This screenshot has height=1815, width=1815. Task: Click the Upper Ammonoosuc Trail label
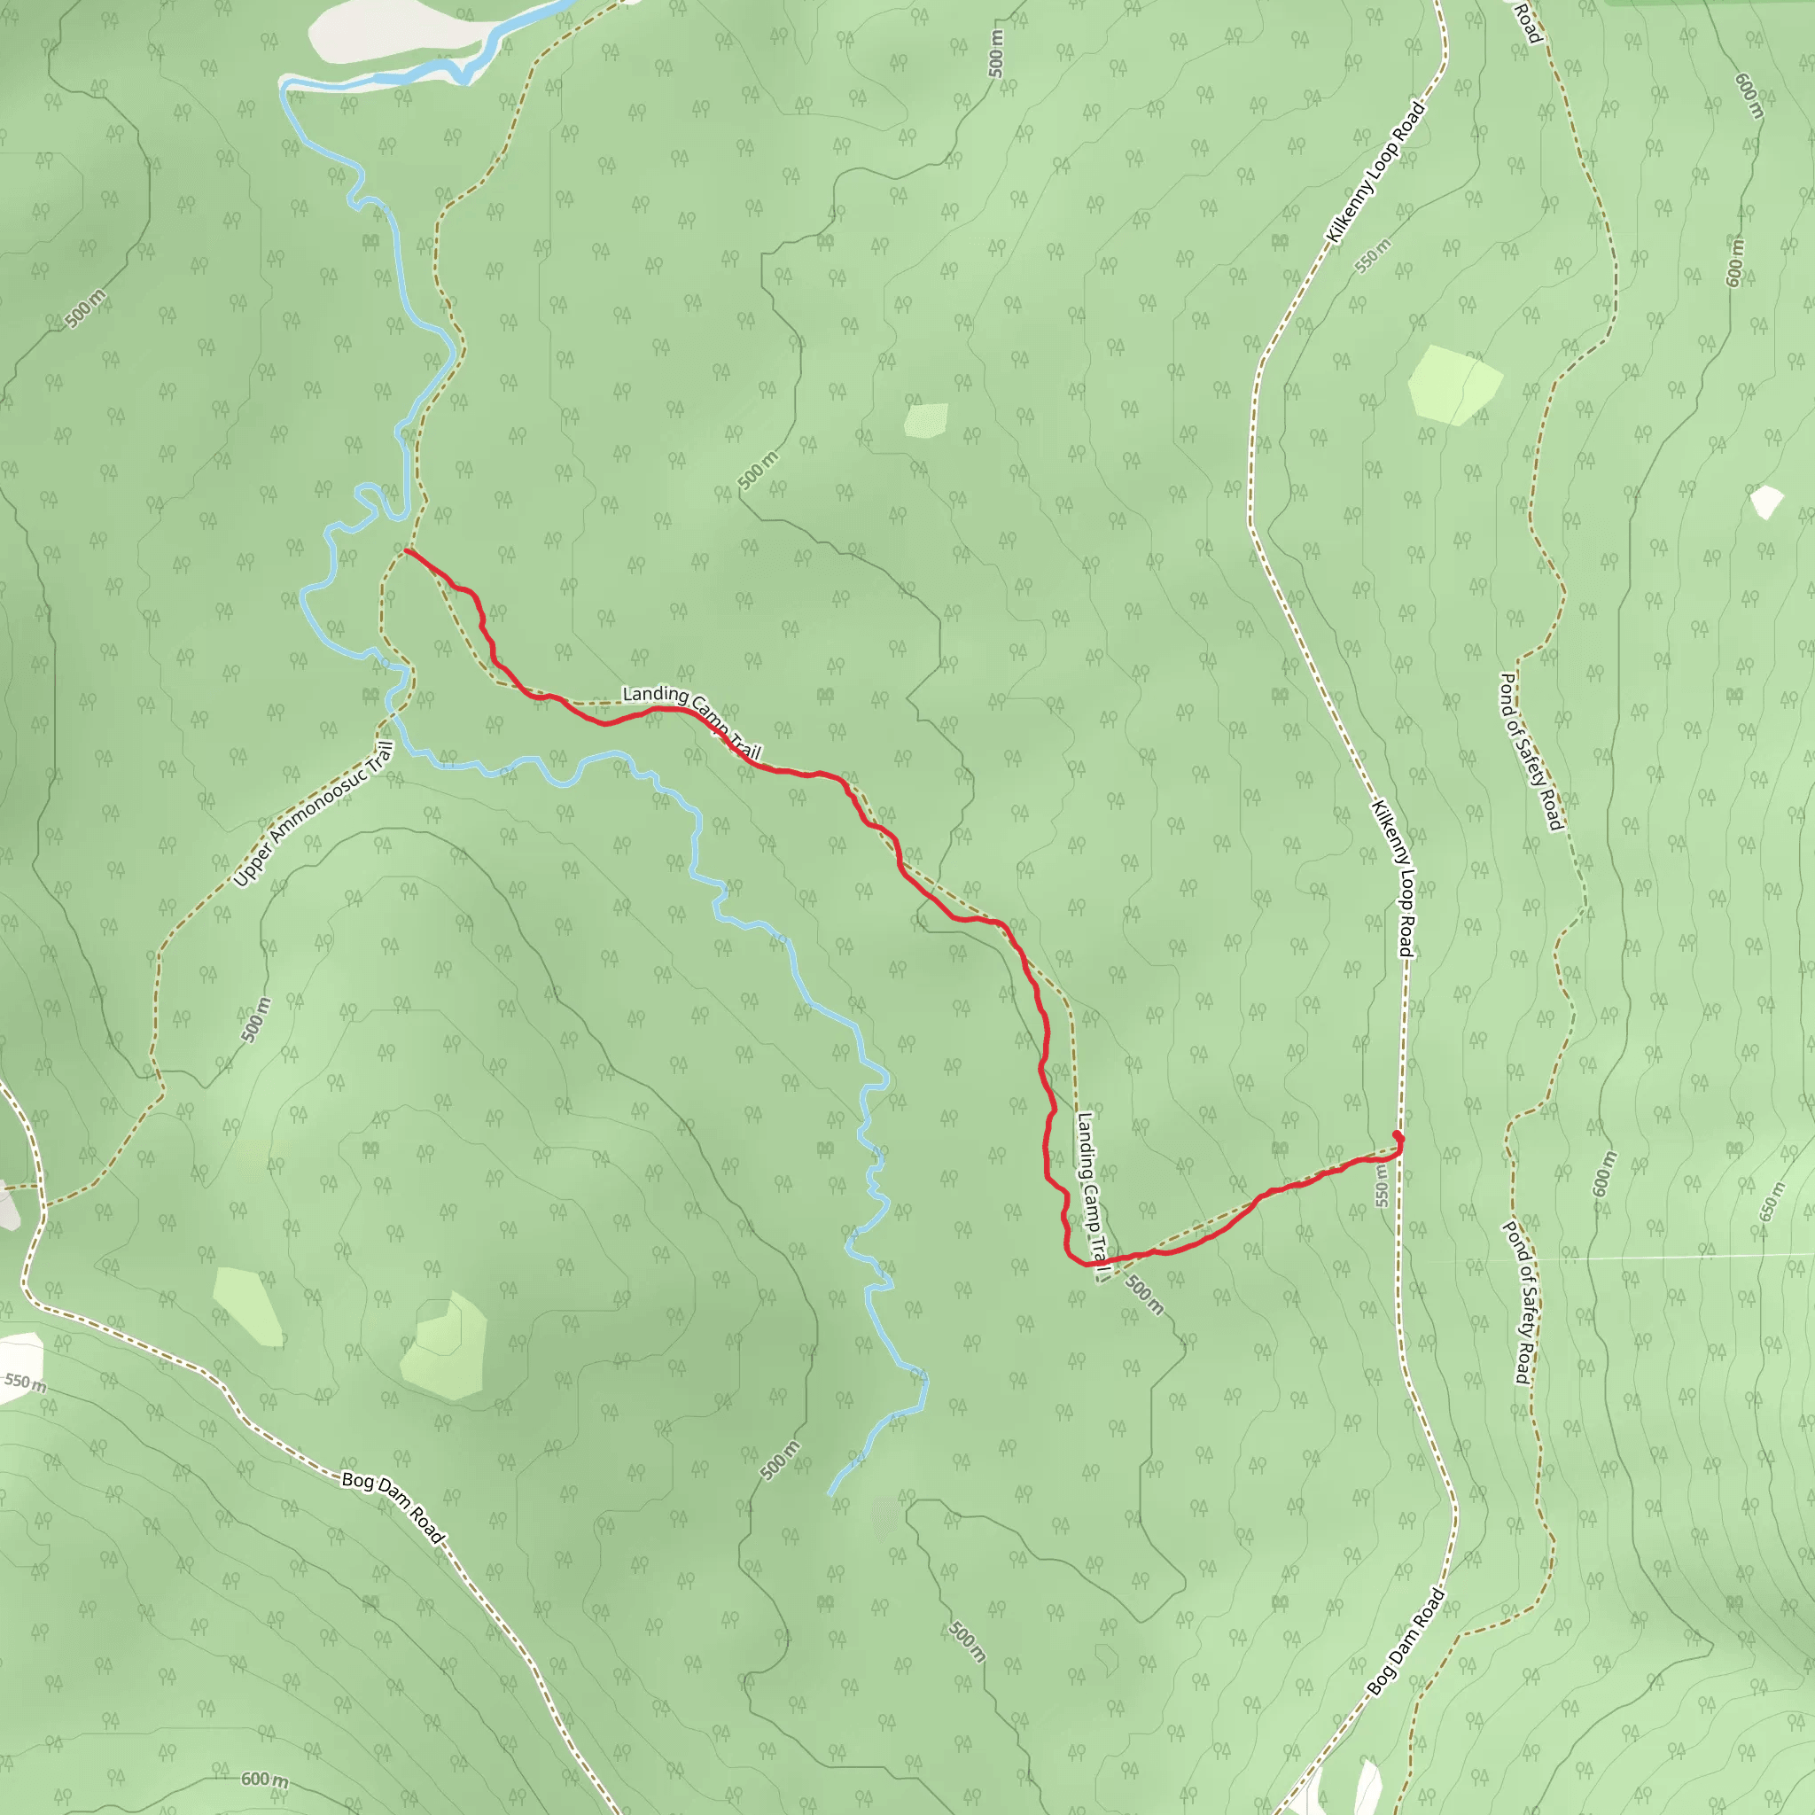pyautogui.click(x=313, y=814)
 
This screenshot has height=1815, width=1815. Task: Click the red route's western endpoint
pyautogui.click(x=406, y=550)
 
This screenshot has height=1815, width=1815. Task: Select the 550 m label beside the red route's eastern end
pyautogui.click(x=1381, y=1187)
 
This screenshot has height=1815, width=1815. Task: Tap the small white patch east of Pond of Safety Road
pyautogui.click(x=1766, y=501)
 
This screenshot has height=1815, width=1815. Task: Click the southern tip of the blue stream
pyautogui.click(x=830, y=1493)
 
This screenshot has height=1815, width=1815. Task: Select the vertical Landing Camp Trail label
pyautogui.click(x=1091, y=1195)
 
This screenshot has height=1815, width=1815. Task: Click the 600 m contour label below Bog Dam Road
pyautogui.click(x=265, y=1780)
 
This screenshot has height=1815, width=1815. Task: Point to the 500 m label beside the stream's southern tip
pyautogui.click(x=781, y=1459)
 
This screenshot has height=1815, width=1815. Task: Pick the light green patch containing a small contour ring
pyautogui.click(x=443, y=1346)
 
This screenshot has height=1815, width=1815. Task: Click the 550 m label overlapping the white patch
pyautogui.click(x=25, y=1381)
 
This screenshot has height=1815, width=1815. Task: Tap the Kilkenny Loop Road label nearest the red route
pyautogui.click(x=1392, y=877)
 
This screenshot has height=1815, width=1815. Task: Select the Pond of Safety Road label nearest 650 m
pyautogui.click(x=1516, y=1301)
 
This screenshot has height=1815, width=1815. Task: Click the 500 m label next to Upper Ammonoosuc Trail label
pyautogui.click(x=254, y=1019)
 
